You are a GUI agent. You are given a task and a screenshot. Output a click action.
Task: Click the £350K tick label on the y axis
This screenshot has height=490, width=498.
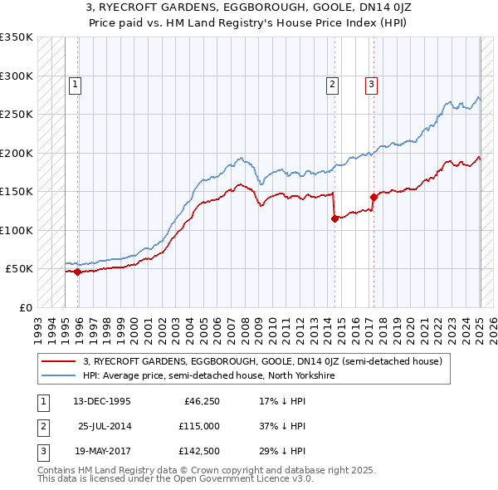[17, 37]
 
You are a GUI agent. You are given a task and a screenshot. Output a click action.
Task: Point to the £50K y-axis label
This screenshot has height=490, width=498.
[19, 269]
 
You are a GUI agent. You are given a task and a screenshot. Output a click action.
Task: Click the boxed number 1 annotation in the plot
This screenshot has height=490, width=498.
[75, 83]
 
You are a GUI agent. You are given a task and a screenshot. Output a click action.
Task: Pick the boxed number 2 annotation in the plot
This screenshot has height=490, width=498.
[332, 83]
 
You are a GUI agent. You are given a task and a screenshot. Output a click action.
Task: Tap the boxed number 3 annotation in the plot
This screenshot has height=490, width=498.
[371, 83]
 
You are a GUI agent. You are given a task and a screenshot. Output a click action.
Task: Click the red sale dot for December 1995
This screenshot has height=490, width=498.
[78, 272]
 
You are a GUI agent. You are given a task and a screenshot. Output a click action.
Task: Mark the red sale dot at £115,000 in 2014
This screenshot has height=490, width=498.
[334, 218]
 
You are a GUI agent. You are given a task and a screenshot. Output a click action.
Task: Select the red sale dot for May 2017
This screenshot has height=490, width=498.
[373, 198]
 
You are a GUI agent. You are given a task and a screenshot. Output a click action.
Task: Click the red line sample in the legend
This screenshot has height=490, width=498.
[59, 362]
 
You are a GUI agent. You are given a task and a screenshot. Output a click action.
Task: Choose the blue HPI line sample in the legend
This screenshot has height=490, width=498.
[59, 375]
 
